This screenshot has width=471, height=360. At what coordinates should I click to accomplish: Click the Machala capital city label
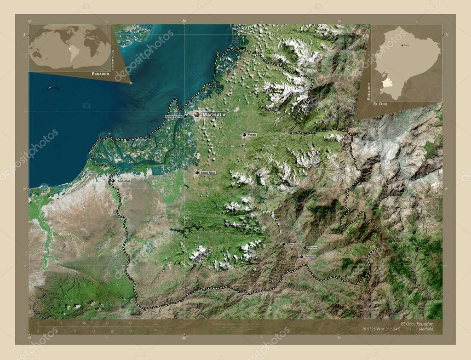[214, 114]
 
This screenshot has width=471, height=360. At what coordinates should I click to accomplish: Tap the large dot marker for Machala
[197, 114]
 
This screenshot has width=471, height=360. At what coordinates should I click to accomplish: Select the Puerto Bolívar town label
[174, 117]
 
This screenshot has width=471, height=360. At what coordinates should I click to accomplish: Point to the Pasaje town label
[252, 135]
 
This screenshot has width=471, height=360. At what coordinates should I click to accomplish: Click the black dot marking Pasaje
[244, 135]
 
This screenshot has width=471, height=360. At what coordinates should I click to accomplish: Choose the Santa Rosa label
[208, 172]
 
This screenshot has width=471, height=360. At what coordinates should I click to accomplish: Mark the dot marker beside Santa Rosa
[197, 173]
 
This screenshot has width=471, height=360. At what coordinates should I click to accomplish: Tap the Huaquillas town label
[124, 181]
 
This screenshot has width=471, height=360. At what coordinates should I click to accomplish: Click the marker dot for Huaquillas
[113, 181]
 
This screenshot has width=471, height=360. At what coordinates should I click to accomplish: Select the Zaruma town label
[312, 247]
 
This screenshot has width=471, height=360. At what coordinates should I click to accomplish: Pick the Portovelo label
[310, 257]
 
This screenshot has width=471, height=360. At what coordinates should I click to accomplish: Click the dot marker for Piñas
[283, 244]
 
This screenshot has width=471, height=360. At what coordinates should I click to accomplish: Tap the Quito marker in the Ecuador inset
[402, 45]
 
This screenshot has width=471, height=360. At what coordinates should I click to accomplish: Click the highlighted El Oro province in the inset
[388, 82]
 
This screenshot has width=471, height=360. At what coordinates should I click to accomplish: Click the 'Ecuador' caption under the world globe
[100, 74]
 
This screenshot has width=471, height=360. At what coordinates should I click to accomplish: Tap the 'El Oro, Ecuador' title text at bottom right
[416, 323]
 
